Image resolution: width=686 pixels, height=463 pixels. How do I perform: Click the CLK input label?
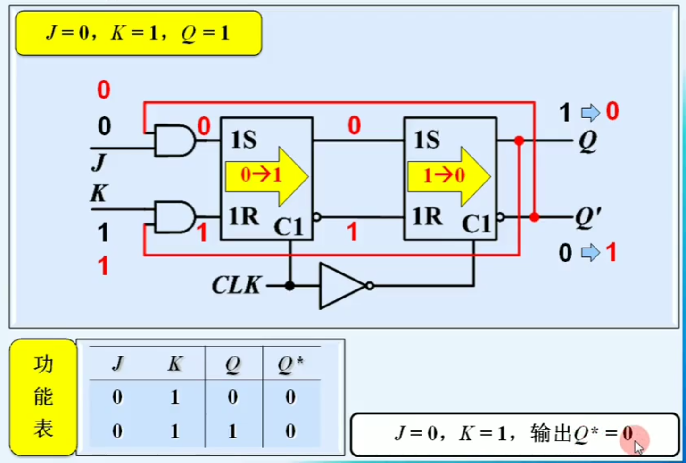tap(236, 285)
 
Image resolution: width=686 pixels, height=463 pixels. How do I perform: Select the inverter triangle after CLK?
tap(340, 286)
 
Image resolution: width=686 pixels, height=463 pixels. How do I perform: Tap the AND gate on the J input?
tap(174, 140)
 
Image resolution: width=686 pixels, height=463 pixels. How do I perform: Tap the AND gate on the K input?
tap(174, 217)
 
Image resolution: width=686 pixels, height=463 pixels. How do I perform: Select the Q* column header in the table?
tap(290, 364)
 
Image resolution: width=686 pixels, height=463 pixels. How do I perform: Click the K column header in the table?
tap(175, 364)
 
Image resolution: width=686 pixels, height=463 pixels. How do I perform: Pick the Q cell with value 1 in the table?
tap(232, 431)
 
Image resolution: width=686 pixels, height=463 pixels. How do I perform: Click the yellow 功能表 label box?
tap(43, 397)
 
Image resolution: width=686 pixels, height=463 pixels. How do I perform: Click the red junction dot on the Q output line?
tap(519, 141)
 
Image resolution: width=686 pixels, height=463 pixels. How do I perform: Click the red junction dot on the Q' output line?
tap(534, 217)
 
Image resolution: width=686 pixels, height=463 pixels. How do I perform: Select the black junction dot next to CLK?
tap(289, 286)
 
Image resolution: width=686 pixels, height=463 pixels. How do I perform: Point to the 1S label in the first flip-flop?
tap(243, 140)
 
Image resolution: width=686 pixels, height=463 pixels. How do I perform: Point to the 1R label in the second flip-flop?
tap(427, 217)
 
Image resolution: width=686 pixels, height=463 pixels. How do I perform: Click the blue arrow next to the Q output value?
tap(590, 113)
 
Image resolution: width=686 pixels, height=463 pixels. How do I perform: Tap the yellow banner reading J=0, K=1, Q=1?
tap(139, 33)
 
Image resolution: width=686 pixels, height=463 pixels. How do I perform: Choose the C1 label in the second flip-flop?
tap(476, 224)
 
